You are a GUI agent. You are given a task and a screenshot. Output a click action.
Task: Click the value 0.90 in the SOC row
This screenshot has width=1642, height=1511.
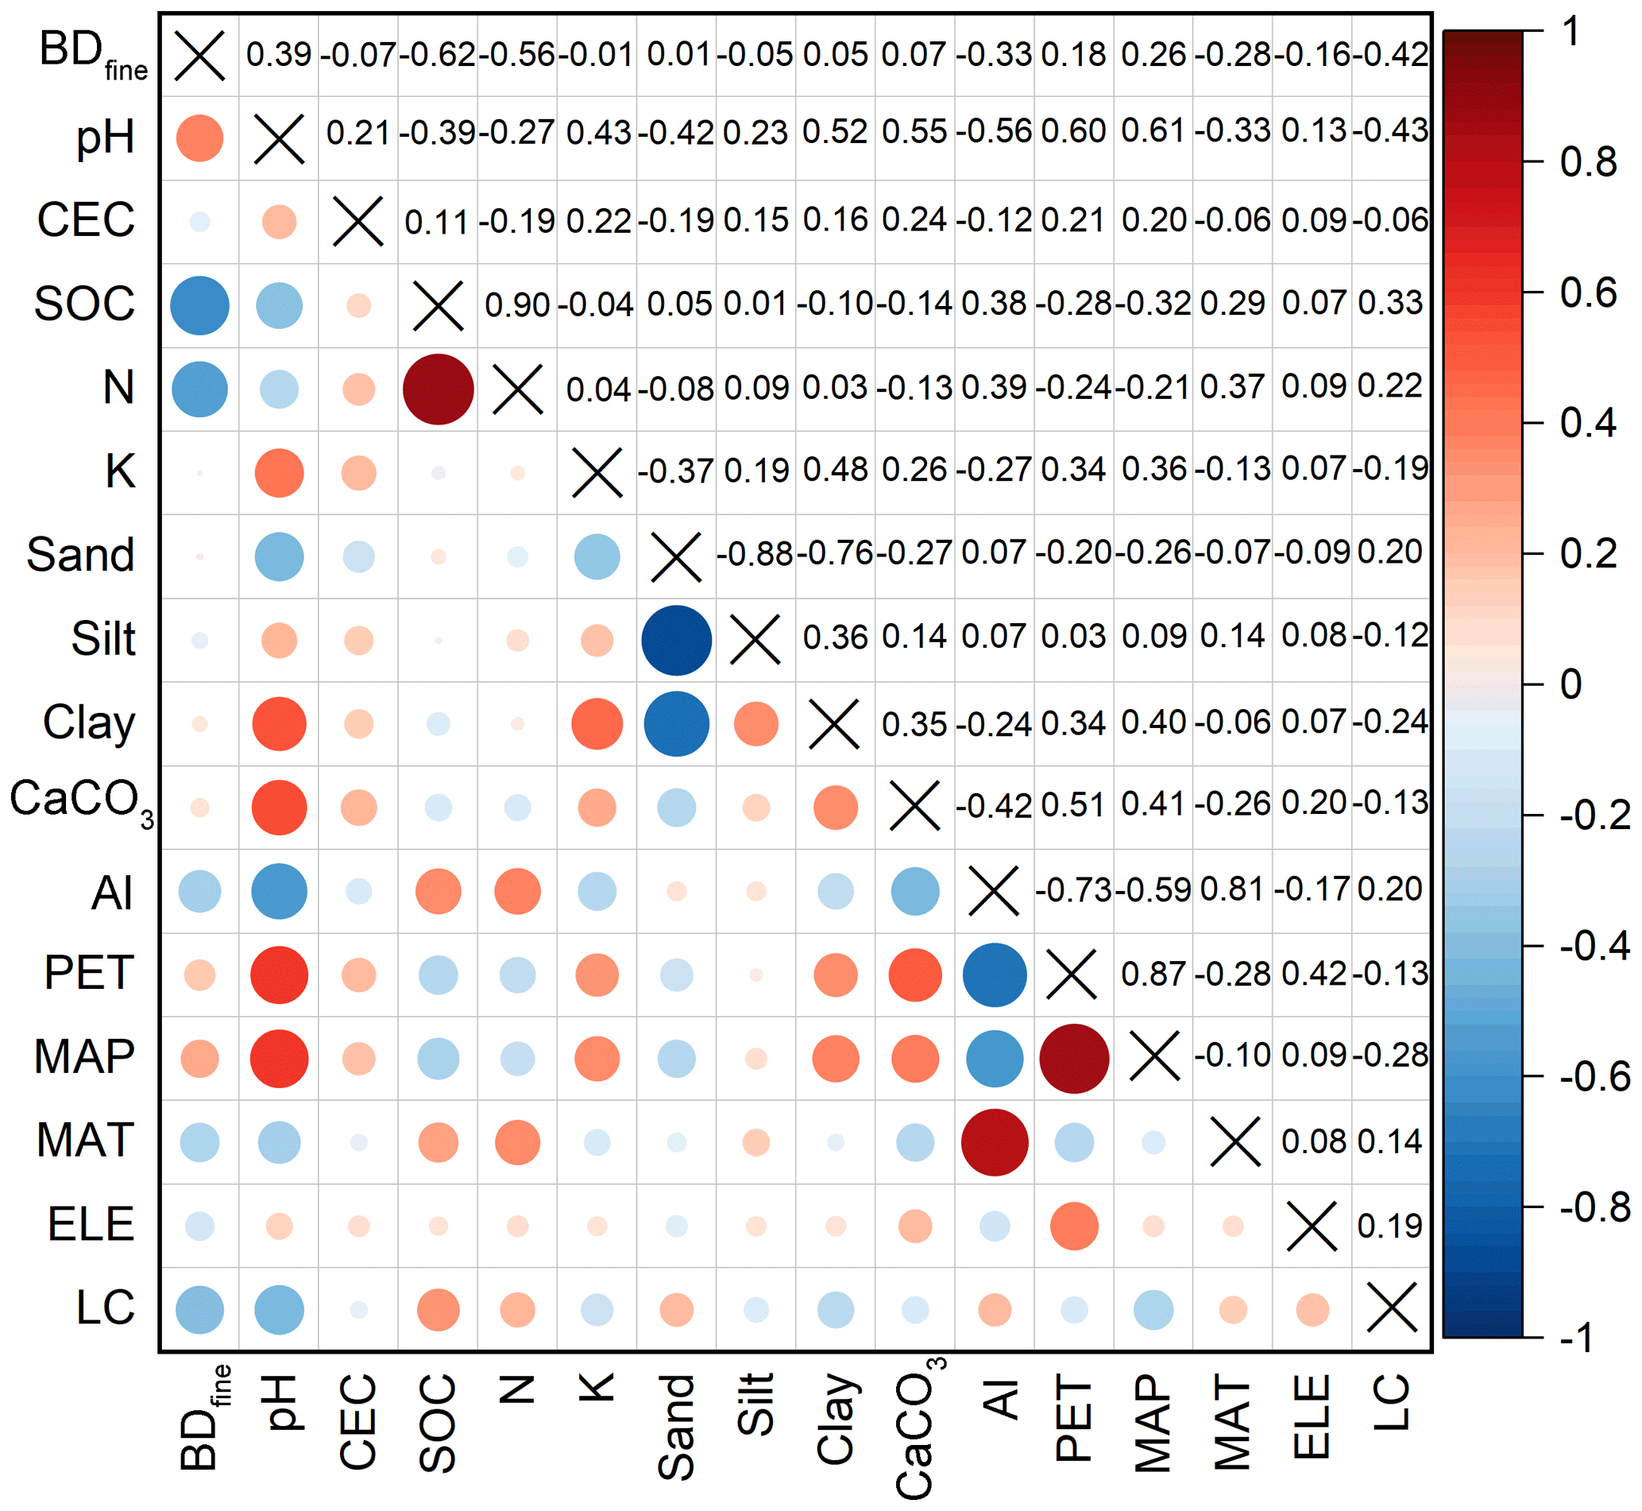(516, 305)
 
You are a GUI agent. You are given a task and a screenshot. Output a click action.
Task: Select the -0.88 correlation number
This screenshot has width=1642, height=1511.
(755, 554)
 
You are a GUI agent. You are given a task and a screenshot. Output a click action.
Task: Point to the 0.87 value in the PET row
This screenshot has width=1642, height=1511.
(1153, 974)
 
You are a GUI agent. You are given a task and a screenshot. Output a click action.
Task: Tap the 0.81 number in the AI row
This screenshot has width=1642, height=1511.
(1232, 889)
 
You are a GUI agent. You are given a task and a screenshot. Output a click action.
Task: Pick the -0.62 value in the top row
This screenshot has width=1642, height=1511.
(437, 55)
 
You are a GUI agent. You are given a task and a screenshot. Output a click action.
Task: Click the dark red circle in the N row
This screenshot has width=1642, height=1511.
(438, 389)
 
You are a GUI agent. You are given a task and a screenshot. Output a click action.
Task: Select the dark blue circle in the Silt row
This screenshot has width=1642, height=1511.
(676, 640)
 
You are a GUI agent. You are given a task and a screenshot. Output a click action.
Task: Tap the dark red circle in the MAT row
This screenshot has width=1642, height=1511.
(994, 1142)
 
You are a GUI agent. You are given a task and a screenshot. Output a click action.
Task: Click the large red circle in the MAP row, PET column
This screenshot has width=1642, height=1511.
(1074, 1058)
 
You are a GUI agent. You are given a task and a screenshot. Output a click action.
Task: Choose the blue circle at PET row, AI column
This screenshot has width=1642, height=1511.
(994, 974)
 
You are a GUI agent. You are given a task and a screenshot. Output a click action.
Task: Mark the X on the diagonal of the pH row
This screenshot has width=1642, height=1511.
(279, 139)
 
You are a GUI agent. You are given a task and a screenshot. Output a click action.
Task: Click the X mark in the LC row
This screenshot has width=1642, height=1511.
(1391, 1308)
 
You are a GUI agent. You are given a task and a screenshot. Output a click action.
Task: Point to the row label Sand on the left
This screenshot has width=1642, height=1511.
(80, 555)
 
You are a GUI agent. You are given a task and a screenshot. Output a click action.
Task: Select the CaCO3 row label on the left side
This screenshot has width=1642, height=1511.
(80, 800)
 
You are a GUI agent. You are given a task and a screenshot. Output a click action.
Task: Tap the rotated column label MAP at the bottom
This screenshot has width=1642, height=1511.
(1153, 1423)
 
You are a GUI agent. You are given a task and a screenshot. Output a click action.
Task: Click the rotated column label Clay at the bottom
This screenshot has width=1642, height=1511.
(836, 1418)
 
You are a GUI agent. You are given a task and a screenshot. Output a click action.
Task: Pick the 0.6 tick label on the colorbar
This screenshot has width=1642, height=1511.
(1587, 293)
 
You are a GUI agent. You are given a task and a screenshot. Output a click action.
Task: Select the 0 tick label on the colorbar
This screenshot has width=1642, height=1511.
(1570, 684)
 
